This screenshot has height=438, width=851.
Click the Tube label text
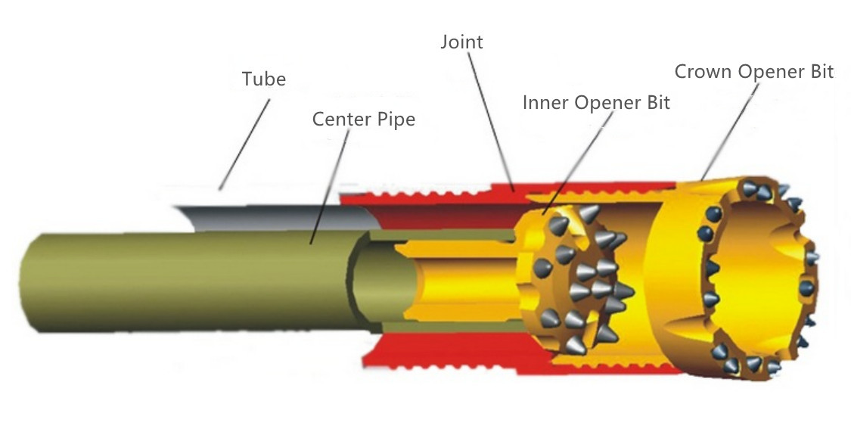263,79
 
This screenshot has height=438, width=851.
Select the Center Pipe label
363,120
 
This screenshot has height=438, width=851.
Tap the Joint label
461,42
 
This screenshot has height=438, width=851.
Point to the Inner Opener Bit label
596,103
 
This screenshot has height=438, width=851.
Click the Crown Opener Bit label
753,72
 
